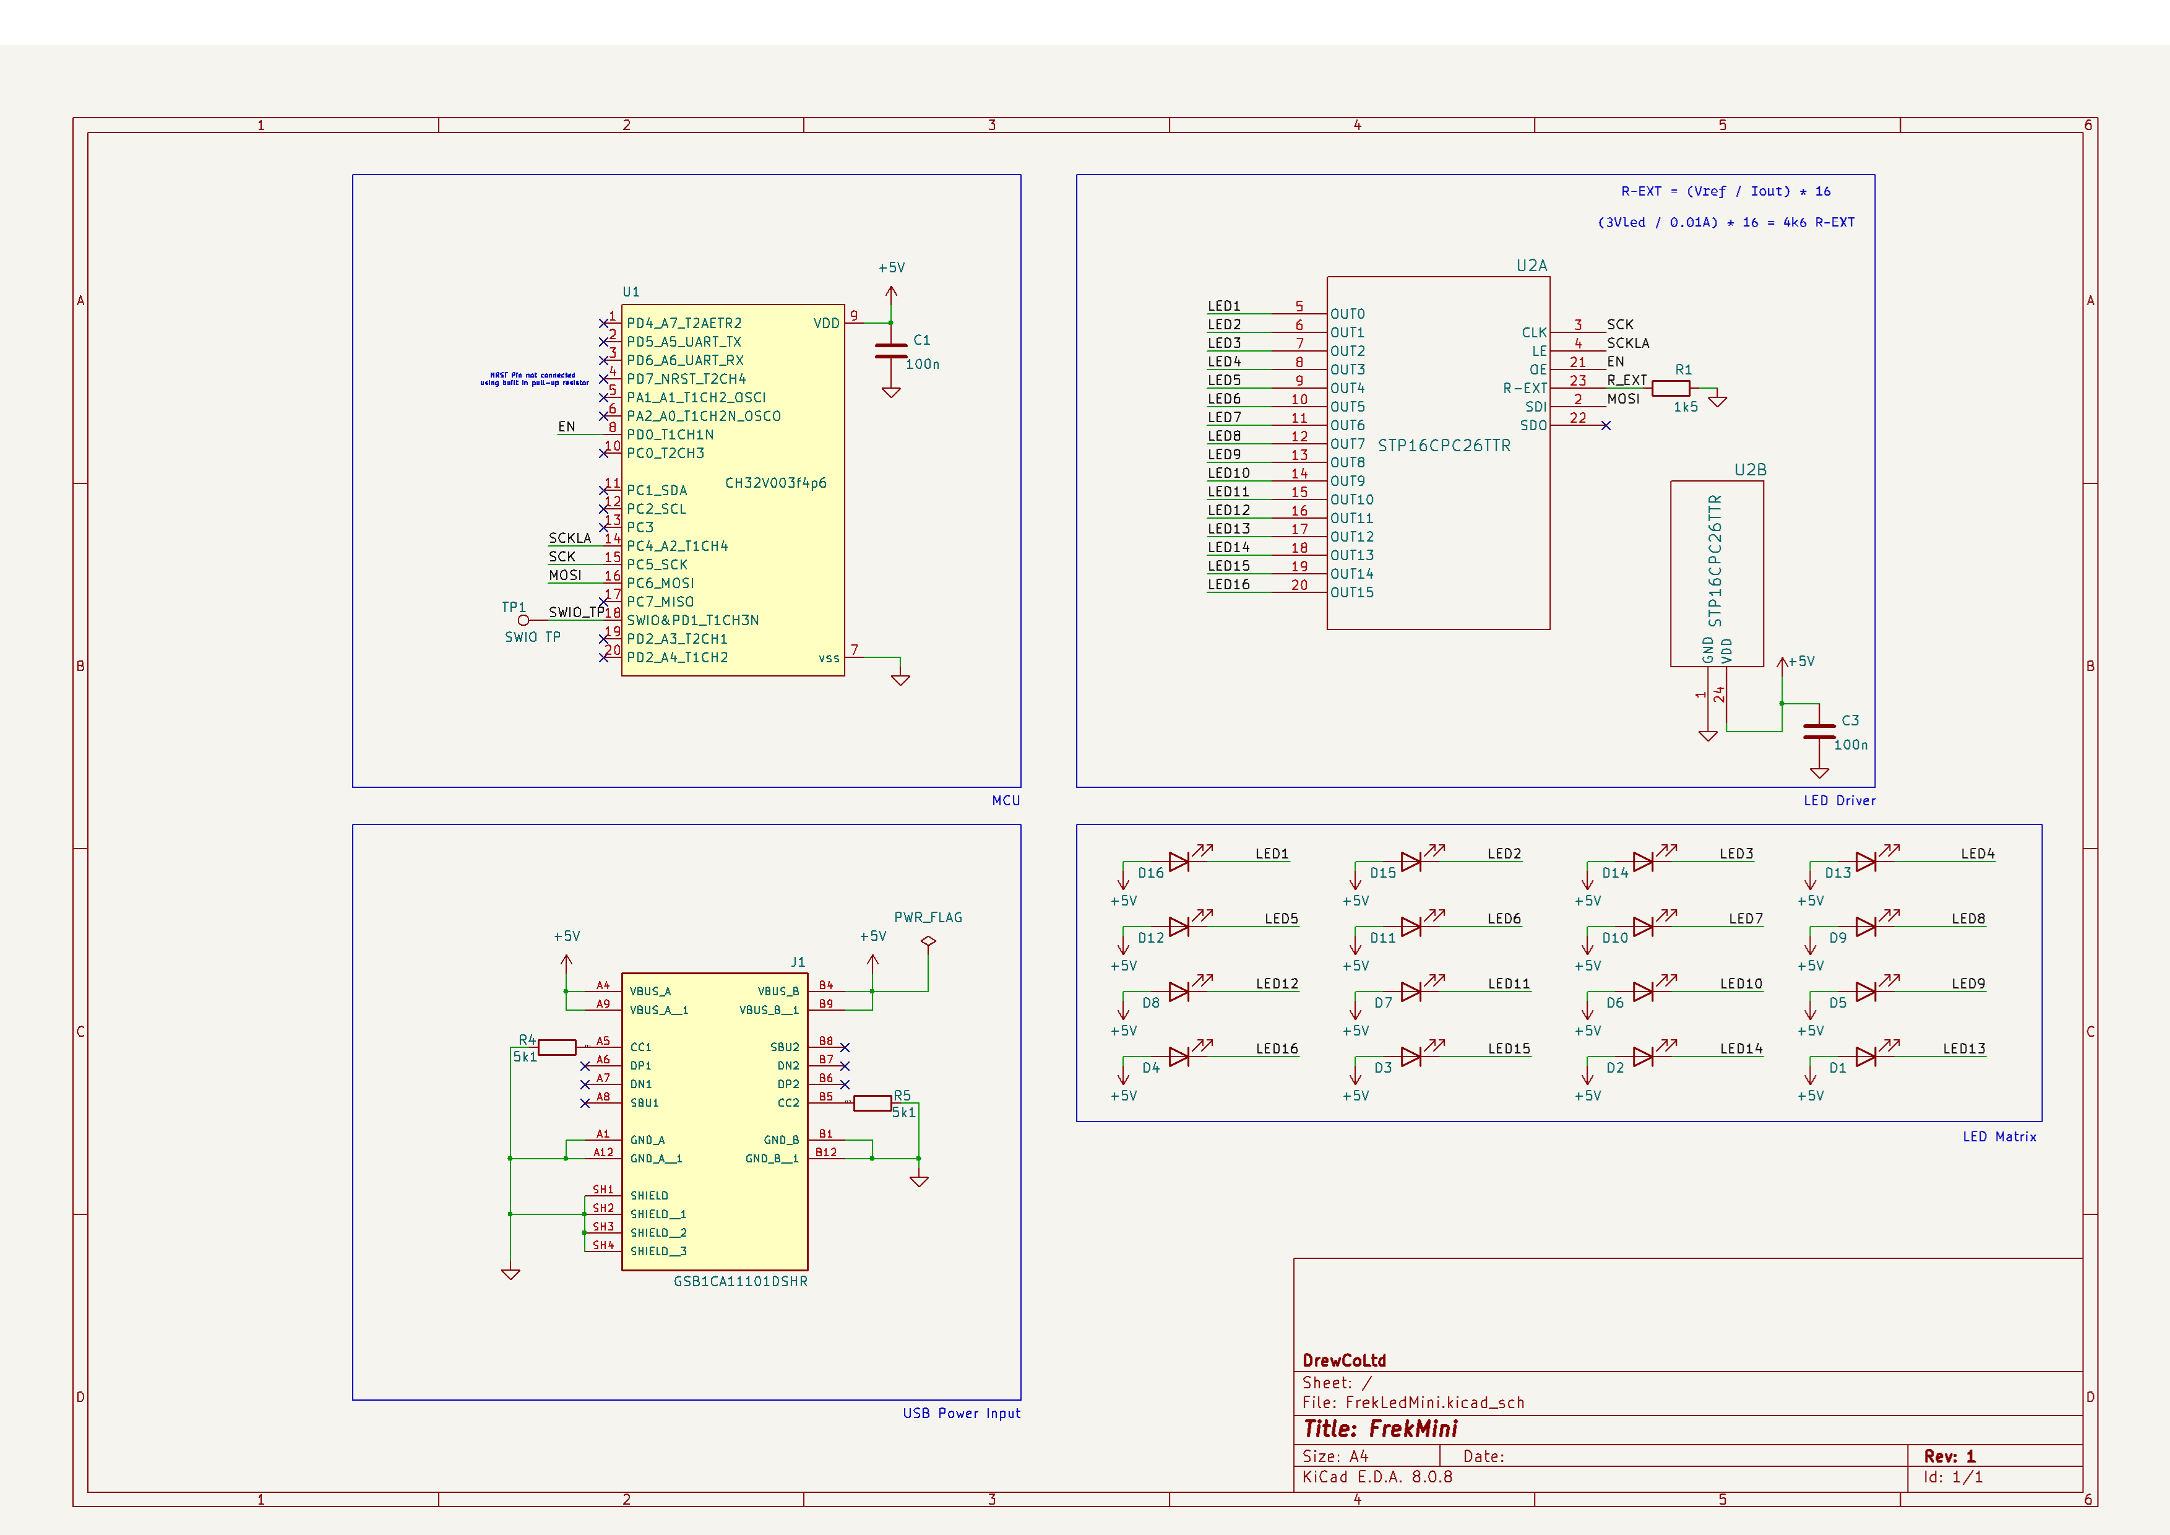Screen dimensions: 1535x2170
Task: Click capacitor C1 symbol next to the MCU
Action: point(890,352)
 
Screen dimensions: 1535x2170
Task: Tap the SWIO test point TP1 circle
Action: point(523,620)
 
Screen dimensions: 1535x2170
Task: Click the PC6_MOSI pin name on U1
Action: point(661,583)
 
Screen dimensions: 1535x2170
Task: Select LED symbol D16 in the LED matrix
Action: point(1179,861)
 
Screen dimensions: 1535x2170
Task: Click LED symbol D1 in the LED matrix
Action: point(1865,1057)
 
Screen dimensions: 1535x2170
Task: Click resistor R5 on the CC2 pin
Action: point(872,1103)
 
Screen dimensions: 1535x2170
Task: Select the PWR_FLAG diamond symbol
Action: point(928,941)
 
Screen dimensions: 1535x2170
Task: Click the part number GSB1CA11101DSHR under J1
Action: point(740,1282)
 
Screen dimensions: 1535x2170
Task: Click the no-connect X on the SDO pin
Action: point(1606,425)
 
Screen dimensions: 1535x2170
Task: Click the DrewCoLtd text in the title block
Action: point(1344,1360)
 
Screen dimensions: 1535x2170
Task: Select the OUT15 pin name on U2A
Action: point(1351,592)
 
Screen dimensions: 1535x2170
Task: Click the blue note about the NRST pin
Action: point(534,379)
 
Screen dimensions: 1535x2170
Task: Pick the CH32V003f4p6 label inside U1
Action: point(775,483)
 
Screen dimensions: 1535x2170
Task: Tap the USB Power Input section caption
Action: point(961,1413)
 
